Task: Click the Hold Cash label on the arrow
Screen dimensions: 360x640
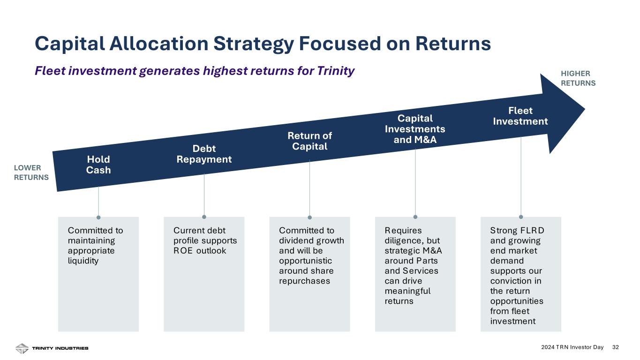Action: click(98, 164)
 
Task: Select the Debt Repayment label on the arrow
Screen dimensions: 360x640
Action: click(204, 154)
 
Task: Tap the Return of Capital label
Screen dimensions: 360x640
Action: click(309, 141)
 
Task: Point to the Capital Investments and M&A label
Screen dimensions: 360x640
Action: click(415, 128)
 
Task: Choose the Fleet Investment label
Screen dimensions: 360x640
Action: click(520, 116)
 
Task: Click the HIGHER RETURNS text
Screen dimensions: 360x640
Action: click(578, 78)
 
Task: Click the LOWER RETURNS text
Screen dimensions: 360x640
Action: click(31, 172)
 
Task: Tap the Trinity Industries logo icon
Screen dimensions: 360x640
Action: click(22, 348)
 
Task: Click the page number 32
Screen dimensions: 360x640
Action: click(616, 347)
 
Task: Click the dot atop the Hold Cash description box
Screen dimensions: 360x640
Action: click(98, 217)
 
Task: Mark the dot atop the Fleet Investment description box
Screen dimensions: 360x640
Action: click(521, 217)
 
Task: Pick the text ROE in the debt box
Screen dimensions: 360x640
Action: click(182, 251)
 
